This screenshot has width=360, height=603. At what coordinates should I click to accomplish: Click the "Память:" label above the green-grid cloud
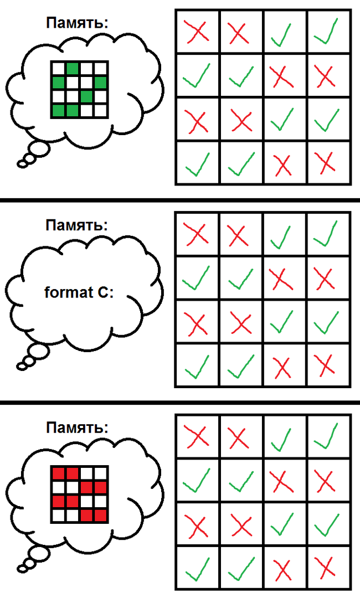[x=77, y=23]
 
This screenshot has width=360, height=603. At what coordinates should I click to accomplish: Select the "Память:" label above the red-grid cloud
[x=77, y=427]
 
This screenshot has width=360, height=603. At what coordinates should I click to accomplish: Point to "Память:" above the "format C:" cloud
[x=77, y=225]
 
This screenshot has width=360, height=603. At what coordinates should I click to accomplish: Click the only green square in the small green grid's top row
[x=72, y=69]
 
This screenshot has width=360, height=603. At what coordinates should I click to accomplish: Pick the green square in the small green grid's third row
[x=86, y=97]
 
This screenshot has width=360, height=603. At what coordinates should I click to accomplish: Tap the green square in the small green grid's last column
[x=100, y=83]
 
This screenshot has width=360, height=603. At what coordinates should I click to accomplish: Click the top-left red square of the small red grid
[x=58, y=474]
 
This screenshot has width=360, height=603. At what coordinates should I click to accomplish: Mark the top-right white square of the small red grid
[x=100, y=474]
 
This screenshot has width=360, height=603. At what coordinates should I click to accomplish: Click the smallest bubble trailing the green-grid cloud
[x=22, y=163]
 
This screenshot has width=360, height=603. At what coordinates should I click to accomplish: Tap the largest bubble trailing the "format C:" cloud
[x=40, y=352]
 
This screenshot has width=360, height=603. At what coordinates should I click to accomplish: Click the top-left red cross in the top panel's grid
[x=197, y=31]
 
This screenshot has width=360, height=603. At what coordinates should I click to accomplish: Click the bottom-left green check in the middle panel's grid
[x=197, y=366]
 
